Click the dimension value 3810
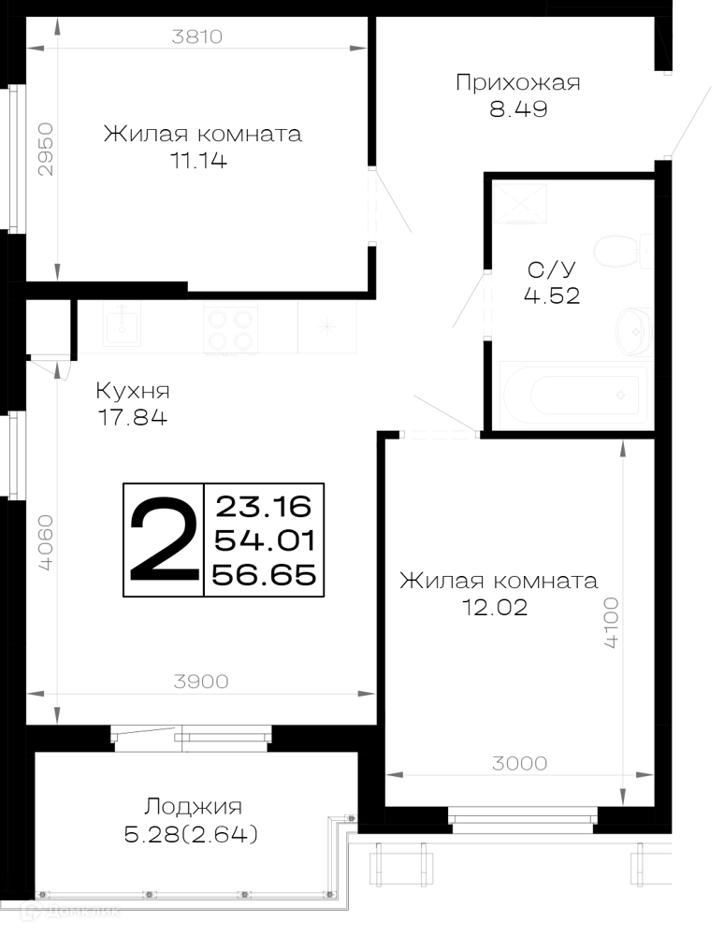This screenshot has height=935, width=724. [x=196, y=36]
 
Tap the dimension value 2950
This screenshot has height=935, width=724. [x=45, y=149]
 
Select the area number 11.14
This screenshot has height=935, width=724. [x=199, y=161]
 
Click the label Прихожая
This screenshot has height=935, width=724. [x=517, y=82]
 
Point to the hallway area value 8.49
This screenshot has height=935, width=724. [x=518, y=109]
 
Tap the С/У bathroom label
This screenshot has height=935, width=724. [x=552, y=269]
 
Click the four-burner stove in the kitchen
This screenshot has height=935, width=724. [x=231, y=328]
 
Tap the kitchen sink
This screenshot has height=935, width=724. [x=123, y=324]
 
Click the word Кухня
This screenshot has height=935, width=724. [x=133, y=391]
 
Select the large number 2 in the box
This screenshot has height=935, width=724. [x=164, y=539]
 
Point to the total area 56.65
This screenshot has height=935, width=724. [x=264, y=575]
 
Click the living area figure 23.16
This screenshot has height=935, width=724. [x=264, y=507]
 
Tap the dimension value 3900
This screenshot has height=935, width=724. [x=201, y=681]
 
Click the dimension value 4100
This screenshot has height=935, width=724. [x=612, y=623]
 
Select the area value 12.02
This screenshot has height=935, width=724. [x=495, y=607]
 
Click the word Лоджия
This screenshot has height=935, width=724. [x=193, y=807]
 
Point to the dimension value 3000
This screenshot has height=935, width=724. [x=519, y=763]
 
